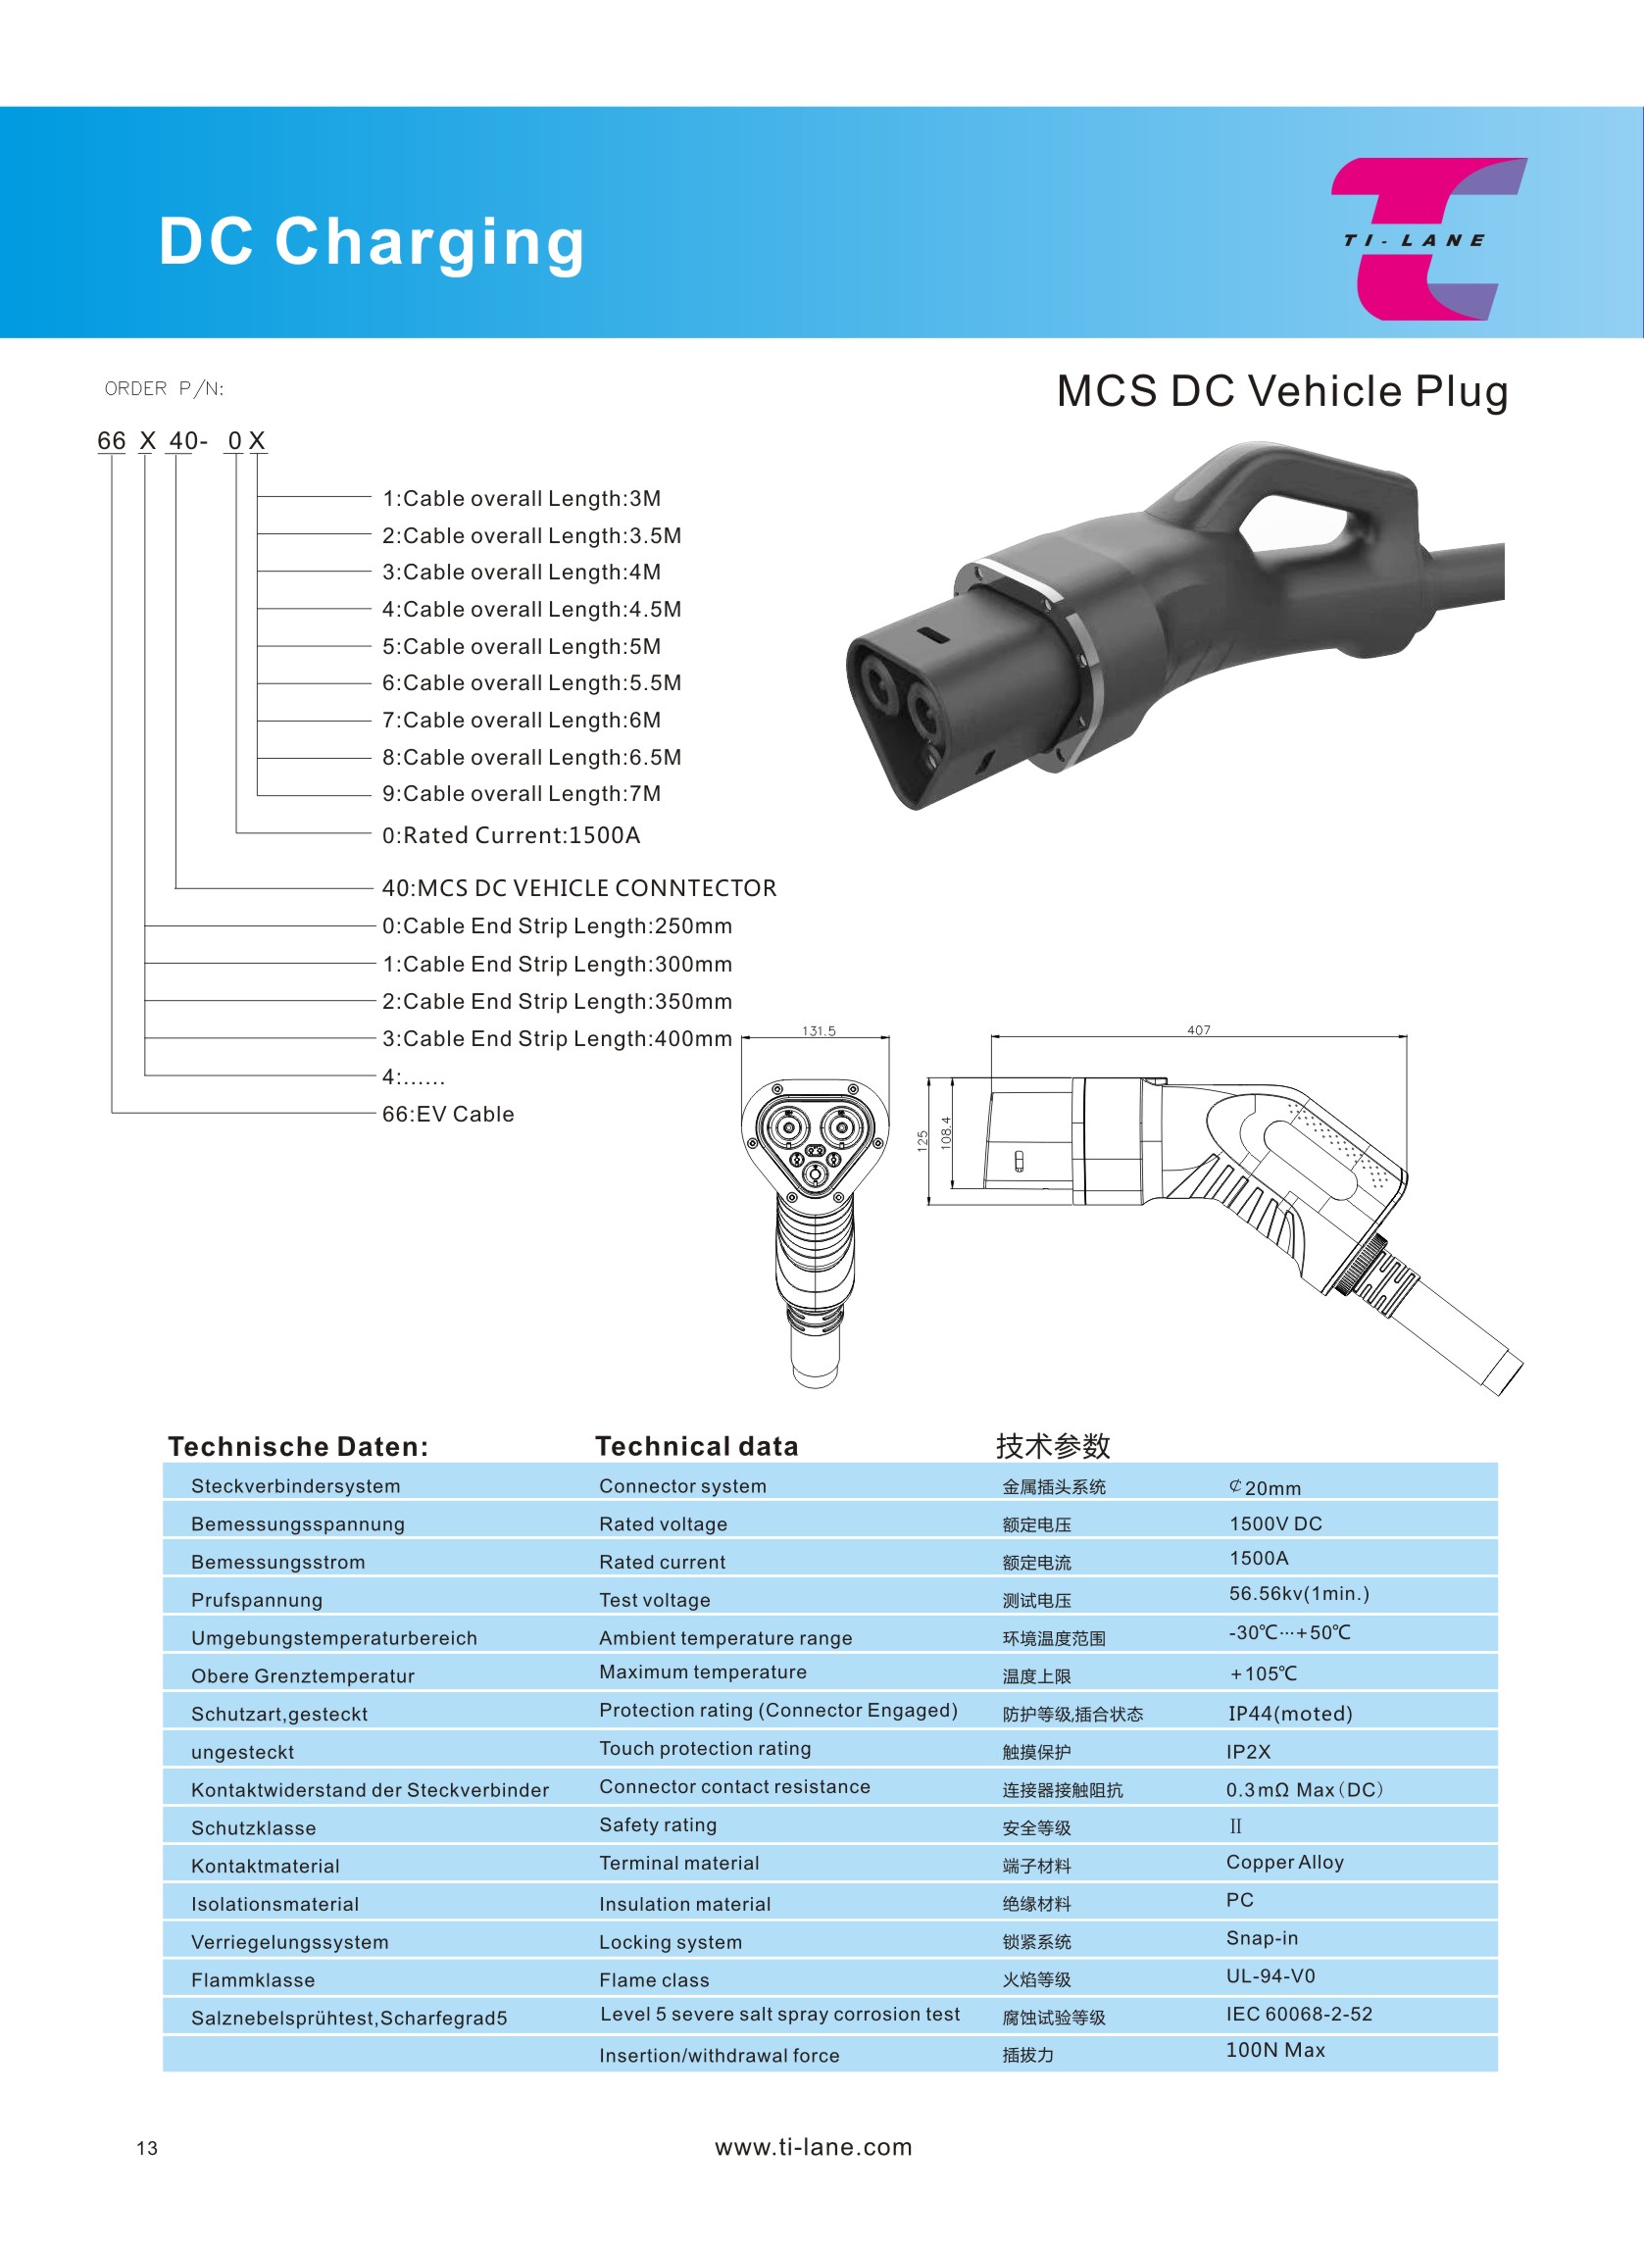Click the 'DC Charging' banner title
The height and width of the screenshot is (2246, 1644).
click(x=373, y=242)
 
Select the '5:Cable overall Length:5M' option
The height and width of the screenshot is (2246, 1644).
click(x=522, y=647)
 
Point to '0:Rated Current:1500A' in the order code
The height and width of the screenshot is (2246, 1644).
click(x=512, y=835)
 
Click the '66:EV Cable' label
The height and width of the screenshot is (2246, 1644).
click(x=448, y=1114)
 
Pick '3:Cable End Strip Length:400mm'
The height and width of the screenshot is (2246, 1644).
click(x=557, y=1039)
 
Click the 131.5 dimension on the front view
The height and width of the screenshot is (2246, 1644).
click(x=819, y=1031)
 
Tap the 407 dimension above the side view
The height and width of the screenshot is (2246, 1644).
click(x=1198, y=1030)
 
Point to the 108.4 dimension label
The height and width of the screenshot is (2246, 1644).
click(x=945, y=1132)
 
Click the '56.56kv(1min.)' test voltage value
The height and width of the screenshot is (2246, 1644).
click(x=1299, y=1593)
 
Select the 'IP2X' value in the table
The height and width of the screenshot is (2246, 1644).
click(x=1248, y=1752)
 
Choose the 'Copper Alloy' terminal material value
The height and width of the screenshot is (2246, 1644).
click(x=1285, y=1862)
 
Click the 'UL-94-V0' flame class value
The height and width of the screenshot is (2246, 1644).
click(x=1270, y=1975)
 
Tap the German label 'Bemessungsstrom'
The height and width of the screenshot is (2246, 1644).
click(x=277, y=1563)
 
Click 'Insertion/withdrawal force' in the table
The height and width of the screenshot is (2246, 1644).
click(x=719, y=2055)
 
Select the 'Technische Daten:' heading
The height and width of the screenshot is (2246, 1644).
click(x=298, y=1446)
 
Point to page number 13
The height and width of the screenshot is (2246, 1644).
click(x=147, y=2148)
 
